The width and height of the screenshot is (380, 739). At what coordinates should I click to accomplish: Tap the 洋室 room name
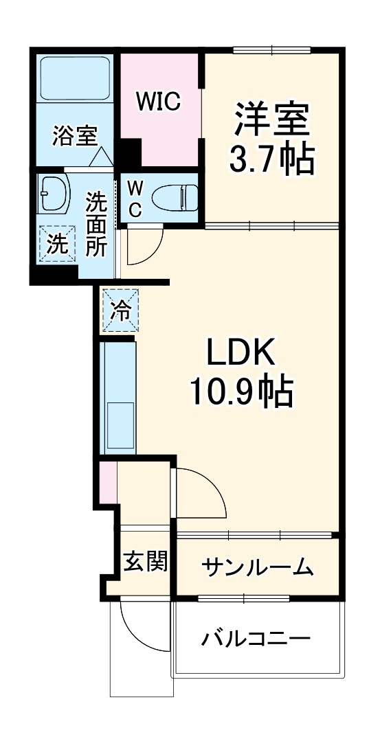pyautogui.click(x=271, y=120)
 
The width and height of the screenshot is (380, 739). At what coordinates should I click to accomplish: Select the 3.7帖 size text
pyautogui.click(x=271, y=159)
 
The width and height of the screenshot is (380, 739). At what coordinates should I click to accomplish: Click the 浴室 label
pyautogui.click(x=74, y=135)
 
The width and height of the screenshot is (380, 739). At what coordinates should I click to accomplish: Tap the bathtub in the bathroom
pyautogui.click(x=74, y=78)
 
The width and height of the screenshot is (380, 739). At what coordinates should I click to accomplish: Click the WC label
pyautogui.click(x=135, y=198)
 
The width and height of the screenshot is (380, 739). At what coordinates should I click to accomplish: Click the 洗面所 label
pyautogui.click(x=96, y=224)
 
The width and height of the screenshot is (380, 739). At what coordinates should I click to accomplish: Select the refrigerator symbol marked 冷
pyautogui.click(x=120, y=311)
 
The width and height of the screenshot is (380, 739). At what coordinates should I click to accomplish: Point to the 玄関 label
pyautogui.click(x=145, y=562)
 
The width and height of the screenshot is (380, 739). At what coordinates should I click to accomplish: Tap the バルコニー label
pyautogui.click(x=256, y=639)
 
